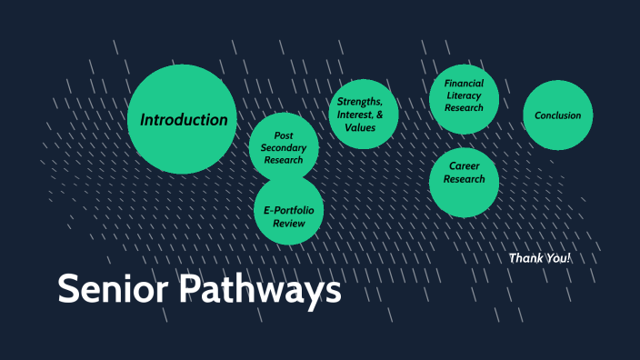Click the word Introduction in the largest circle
pos(184,120)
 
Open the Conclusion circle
pos(558,115)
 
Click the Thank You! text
pos(540,258)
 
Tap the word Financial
pos(464,83)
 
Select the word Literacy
pos(464,95)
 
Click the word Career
pos(464,166)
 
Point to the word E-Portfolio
pos(288,210)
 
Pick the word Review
pos(288,224)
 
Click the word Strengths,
pos(360,101)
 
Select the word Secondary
pos(284,148)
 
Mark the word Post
pos(284,135)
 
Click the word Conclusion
pos(558,115)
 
